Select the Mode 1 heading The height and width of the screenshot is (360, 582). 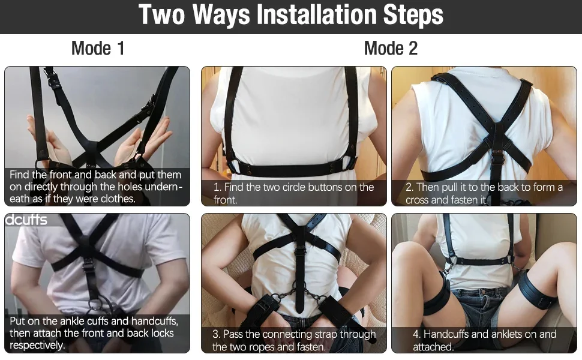click(x=98, y=48)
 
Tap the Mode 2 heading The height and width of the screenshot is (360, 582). click(x=391, y=48)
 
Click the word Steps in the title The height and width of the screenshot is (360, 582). click(x=413, y=15)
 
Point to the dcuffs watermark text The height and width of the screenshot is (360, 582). click(x=26, y=220)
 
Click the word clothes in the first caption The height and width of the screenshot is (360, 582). click(x=117, y=199)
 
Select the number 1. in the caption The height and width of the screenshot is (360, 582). click(x=217, y=187)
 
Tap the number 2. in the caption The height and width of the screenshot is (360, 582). click(x=409, y=187)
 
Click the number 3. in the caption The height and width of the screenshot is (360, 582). click(x=217, y=334)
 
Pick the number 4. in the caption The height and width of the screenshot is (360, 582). click(x=416, y=334)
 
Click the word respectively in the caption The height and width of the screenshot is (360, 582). click(x=37, y=345)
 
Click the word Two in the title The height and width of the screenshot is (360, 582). click(x=161, y=15)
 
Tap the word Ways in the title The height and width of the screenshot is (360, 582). click(x=221, y=16)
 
